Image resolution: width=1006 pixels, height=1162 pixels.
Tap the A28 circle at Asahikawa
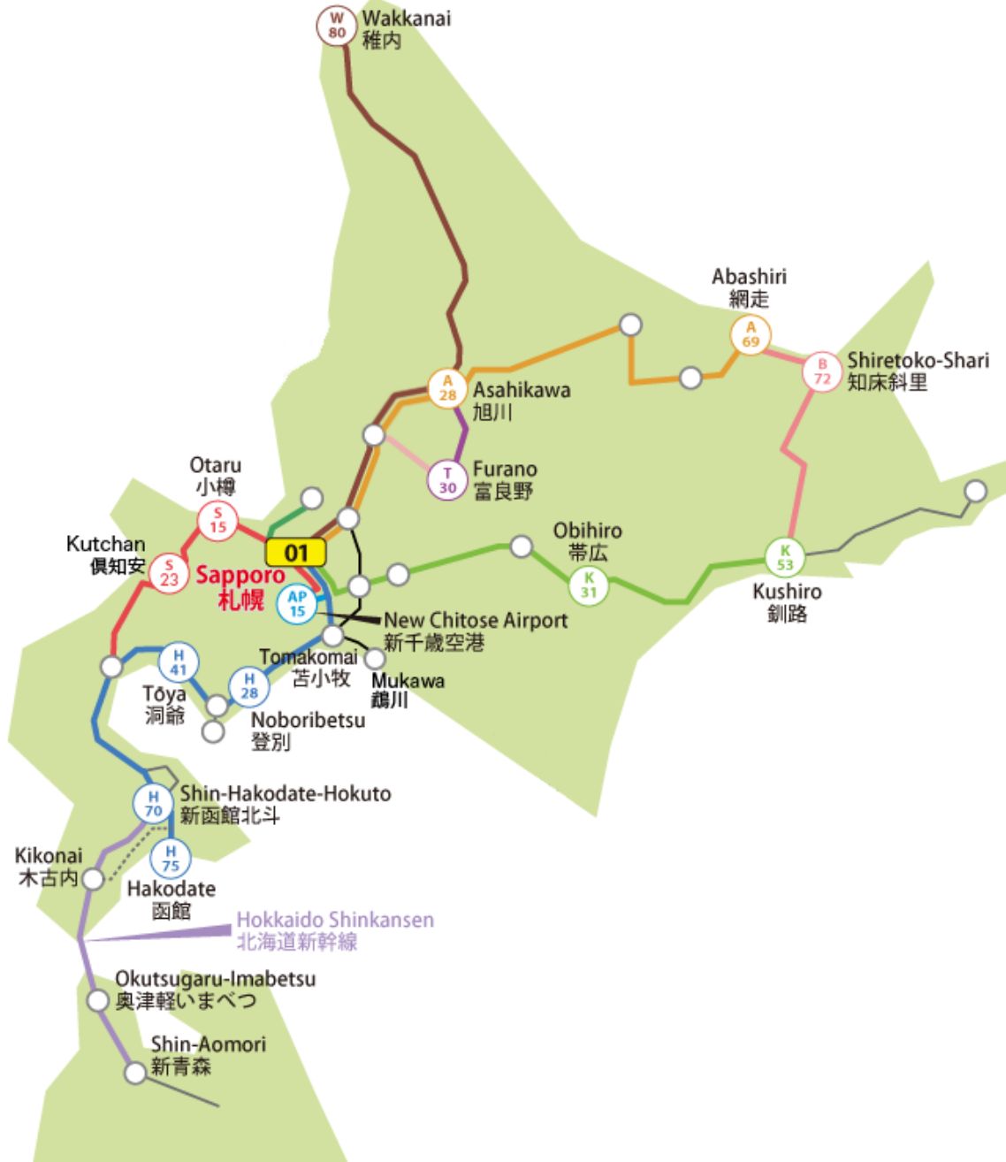point(447,388)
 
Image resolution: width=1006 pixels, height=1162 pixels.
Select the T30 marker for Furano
point(447,480)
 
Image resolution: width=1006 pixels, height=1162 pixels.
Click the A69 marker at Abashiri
point(751,335)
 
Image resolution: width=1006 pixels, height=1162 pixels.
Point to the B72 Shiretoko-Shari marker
point(822,371)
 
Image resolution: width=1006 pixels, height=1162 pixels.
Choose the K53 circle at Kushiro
point(785,557)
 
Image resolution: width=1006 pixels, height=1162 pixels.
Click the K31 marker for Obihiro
point(589,585)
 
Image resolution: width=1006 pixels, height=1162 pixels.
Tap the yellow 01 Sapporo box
point(296,554)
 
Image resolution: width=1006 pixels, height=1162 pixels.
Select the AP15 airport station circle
point(297,605)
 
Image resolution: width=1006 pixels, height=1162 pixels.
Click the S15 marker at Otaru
point(217,520)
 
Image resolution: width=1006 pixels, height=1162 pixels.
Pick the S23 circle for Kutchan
point(169,573)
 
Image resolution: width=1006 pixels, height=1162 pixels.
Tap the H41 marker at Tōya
point(179,662)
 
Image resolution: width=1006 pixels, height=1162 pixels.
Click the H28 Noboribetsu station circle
point(249,686)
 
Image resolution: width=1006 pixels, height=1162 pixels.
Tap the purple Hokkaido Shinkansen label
point(335,930)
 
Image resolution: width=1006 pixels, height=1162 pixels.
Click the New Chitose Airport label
point(476,631)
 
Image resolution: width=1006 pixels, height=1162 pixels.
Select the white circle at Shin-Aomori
point(135,1073)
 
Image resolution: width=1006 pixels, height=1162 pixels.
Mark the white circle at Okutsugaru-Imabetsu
point(98,1001)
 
